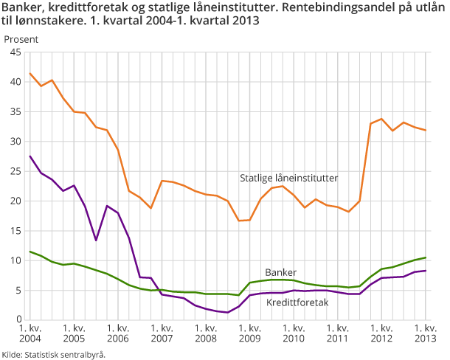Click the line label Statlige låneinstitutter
[x=288, y=178]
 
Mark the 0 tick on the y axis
[x=18, y=319]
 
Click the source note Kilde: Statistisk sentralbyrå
[x=54, y=354]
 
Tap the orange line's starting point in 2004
[x=30, y=74]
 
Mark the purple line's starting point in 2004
[x=30, y=156]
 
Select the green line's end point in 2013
[x=426, y=257]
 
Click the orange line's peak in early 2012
[x=381, y=119]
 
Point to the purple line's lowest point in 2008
[x=228, y=312]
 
